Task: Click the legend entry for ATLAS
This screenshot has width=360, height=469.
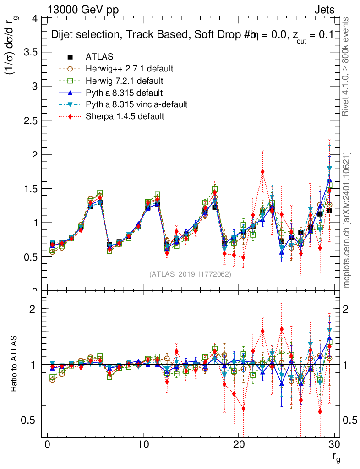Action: coord(99,57)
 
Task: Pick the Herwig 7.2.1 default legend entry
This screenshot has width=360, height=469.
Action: coord(125,81)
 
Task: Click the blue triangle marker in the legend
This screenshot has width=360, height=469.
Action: coord(70,93)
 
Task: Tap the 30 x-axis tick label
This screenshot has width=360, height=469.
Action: coord(334,444)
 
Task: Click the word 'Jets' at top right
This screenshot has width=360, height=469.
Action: coord(324,10)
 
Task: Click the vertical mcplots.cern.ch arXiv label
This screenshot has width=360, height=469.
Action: coord(347,220)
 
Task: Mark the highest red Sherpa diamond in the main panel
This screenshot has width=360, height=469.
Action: coord(262,172)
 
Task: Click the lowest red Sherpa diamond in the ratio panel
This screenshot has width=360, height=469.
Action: coord(244,409)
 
